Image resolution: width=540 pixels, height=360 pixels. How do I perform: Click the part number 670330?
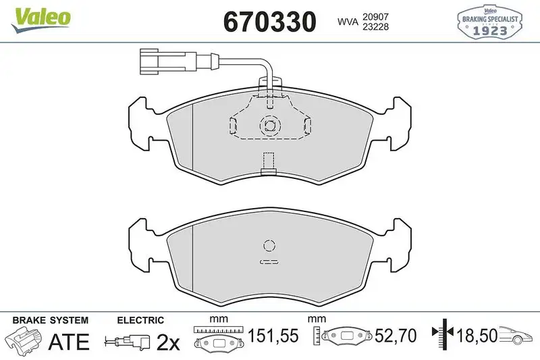(x=269, y=22)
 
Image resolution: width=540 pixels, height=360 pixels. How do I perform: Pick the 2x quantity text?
(x=168, y=342)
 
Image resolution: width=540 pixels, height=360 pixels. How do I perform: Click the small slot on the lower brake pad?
(x=269, y=261)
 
